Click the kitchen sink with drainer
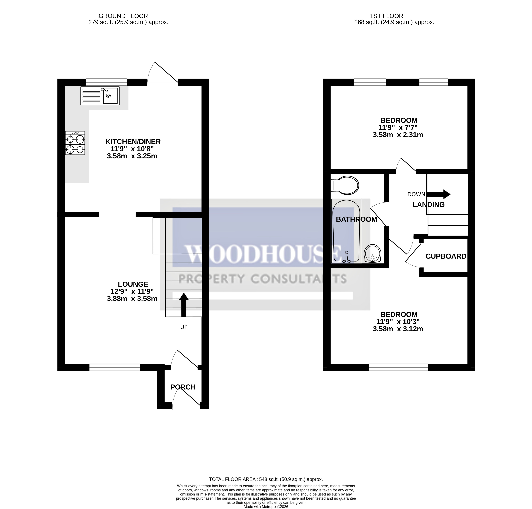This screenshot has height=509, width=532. click(100, 96)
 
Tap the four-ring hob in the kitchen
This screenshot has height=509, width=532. click(75, 143)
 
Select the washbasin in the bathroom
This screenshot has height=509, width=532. click(373, 254)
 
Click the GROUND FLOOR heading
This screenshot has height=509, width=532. click(123, 16)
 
